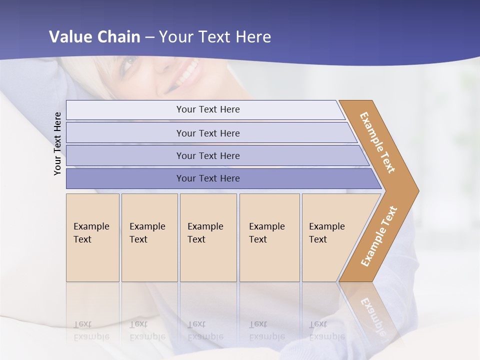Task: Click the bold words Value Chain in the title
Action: coord(94,37)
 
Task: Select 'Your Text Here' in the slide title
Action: coord(215,37)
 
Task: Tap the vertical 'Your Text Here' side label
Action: coord(57,143)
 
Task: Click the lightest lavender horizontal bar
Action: coord(205,109)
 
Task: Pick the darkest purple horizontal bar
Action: coord(220,178)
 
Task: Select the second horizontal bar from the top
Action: coord(210,133)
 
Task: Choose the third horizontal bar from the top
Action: coord(215,155)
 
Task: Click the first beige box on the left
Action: coord(92,237)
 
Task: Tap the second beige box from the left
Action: coord(149,237)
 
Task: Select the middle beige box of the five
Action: coord(208,237)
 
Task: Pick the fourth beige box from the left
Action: coord(269,237)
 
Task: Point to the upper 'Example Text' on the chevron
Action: coord(377,142)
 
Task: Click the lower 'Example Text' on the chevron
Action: coord(378,236)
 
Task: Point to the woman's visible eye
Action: coord(128,63)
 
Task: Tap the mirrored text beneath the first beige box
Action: coord(91,331)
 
